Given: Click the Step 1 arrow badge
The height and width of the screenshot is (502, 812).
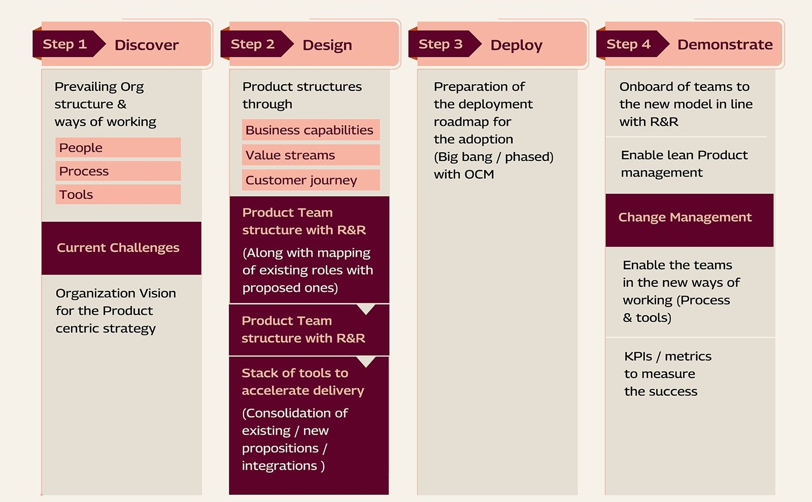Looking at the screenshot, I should [66, 44].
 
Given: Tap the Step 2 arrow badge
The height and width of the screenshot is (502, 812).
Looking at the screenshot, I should [254, 44].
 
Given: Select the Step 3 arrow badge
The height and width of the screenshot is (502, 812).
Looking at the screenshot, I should [442, 44].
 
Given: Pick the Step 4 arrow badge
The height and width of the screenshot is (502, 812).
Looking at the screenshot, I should [629, 44].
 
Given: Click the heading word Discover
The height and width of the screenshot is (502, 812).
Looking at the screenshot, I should [147, 45].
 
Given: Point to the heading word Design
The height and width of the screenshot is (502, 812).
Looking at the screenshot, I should [327, 45].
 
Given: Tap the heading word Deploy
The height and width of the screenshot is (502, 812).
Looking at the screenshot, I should [516, 45].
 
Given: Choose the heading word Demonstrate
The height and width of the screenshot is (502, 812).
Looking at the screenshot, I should [725, 45].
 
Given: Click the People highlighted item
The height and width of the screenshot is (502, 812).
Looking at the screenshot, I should [118, 148].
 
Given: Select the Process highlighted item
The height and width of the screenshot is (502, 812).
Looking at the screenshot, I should [118, 171].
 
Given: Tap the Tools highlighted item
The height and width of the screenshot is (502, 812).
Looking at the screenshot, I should [118, 194].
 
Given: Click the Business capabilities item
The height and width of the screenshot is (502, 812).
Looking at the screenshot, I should [310, 130].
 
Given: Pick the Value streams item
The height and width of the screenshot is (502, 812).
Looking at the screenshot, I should [310, 155].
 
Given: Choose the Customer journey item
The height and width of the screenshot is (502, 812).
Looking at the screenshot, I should [310, 180].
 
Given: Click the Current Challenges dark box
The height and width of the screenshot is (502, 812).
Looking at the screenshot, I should [121, 248].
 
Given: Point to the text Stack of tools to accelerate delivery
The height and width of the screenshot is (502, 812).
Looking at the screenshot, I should [302, 382].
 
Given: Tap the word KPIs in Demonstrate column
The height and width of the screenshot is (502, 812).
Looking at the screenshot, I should [638, 356].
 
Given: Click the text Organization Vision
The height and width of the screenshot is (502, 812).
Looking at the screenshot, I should [116, 293].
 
